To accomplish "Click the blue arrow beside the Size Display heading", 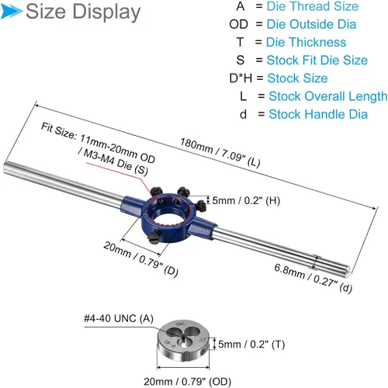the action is (11, 11).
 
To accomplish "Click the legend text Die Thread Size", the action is (313, 6).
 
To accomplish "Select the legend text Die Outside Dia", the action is (311, 24).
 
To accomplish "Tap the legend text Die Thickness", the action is (306, 42).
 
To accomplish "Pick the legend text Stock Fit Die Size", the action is (317, 61).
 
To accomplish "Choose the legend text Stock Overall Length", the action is (328, 96).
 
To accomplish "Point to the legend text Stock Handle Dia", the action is (318, 114).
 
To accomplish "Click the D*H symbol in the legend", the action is (241, 78).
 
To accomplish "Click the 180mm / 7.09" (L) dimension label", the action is (220, 152).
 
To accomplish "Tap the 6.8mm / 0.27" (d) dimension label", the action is (313, 279).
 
